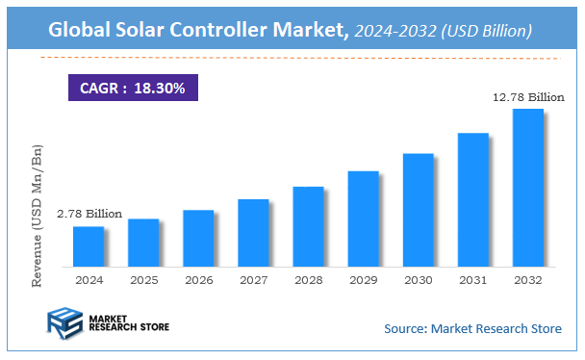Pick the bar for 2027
coord(253,233)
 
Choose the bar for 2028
coord(308,226)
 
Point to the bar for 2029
coord(363,219)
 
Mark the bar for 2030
coord(418,210)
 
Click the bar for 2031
coord(472,199)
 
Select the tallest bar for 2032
coord(527,188)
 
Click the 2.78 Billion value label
coord(89,214)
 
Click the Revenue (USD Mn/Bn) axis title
coord(38,218)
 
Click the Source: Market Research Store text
coord(472,329)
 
